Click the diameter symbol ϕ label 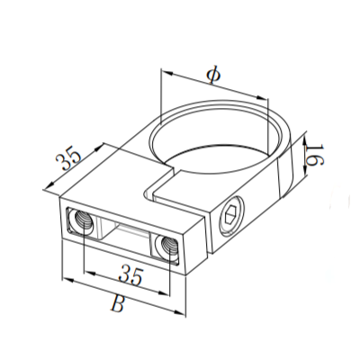[214, 75]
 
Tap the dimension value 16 [315, 155]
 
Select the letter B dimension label [117, 304]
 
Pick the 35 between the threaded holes [130, 275]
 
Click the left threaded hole [83, 221]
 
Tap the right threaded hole [168, 247]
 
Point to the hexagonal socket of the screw [230, 215]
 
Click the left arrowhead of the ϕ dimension [166, 73]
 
